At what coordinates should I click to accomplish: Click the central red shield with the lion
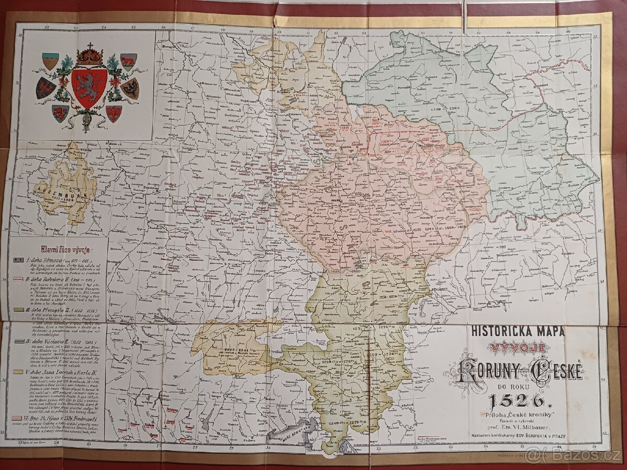pyautogui.click(x=89, y=88)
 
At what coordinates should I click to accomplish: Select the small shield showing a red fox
pyautogui.click(x=128, y=61)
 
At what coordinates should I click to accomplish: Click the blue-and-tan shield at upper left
pyautogui.click(x=50, y=61)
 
